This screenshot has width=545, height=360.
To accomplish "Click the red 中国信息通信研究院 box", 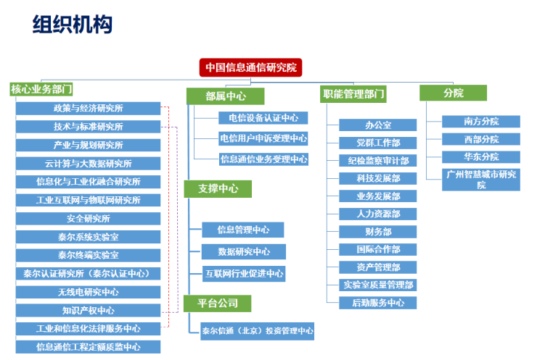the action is point(250,67).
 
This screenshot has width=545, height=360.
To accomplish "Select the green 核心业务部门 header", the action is point(41,89).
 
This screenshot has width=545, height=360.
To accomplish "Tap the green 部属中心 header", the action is point(225,96).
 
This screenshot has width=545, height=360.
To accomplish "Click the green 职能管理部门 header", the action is point(353,94).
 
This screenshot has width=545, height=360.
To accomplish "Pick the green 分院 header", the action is point(454,93).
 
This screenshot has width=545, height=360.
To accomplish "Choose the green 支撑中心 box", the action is point(218,188).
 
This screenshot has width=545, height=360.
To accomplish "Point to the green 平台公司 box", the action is point(218,304).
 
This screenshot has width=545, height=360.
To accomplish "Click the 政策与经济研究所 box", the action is point(89,108).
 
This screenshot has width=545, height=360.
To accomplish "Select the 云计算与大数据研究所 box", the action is point(89,164).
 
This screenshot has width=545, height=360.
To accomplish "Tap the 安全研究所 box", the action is point(89,219).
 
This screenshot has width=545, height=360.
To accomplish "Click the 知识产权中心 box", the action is point(89,311).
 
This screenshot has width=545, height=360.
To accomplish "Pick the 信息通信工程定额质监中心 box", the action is point(89,347).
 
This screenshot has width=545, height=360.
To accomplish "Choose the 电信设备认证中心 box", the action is point(263,118).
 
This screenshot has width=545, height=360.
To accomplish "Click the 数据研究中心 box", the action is point(244,252).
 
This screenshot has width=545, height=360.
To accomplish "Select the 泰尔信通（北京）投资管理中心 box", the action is point(257,331).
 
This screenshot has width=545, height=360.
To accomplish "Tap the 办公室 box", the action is point(378,125).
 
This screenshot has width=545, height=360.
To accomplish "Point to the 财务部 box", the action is point(378,232).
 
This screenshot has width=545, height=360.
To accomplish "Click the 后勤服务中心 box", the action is point(378,303).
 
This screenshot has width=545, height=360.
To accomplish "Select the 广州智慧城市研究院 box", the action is point(481,180).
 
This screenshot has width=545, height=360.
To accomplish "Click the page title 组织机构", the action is point(73,25).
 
